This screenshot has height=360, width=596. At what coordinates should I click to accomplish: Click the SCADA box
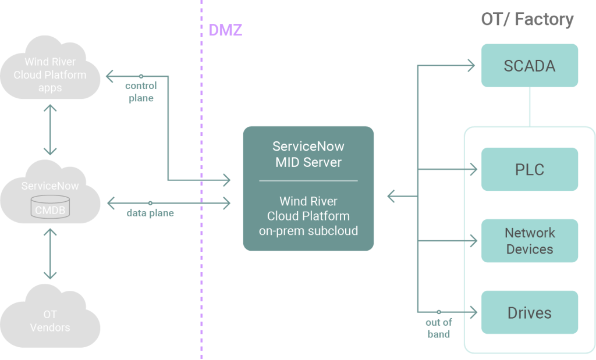pyautogui.click(x=530, y=66)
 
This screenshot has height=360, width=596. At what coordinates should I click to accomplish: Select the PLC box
pyautogui.click(x=530, y=169)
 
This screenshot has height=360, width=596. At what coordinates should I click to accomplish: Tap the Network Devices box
pyautogui.click(x=530, y=241)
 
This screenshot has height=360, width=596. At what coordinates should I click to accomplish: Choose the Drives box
pyautogui.click(x=530, y=313)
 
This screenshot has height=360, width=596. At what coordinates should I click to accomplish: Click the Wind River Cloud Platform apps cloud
pyautogui.click(x=50, y=75)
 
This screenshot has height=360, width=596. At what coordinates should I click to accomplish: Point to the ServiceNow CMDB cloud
pyautogui.click(x=50, y=198)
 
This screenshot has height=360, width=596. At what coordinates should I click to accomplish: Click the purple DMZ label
pyautogui.click(x=225, y=30)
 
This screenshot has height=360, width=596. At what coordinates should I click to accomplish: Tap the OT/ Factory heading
pyautogui.click(x=527, y=19)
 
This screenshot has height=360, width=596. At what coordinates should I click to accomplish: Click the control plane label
pyautogui.click(x=141, y=92)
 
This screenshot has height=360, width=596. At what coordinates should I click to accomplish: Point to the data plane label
pyautogui.click(x=150, y=213)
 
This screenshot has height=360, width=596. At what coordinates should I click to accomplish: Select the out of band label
pyautogui.click(x=438, y=328)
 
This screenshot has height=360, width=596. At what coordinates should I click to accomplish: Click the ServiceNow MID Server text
pyautogui.click(x=308, y=154)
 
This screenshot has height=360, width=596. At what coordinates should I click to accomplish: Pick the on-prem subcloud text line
pyautogui.click(x=308, y=231)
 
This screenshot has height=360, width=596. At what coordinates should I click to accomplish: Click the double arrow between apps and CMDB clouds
pyautogui.click(x=50, y=129)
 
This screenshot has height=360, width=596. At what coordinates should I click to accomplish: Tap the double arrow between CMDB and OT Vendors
pyautogui.click(x=50, y=254)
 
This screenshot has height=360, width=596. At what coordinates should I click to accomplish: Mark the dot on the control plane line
pyautogui.click(x=141, y=76)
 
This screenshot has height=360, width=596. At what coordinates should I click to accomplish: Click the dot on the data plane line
pyautogui.click(x=150, y=203)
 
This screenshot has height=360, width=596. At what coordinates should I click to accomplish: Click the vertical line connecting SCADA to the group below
pyautogui.click(x=530, y=106)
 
